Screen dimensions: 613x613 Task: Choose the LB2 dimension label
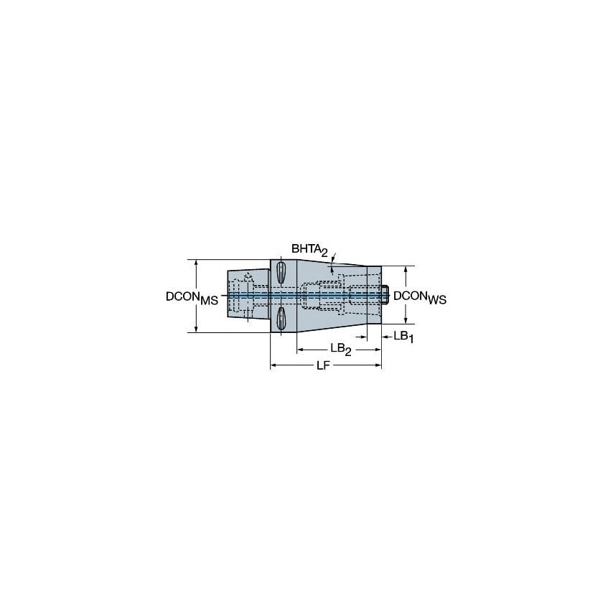pyautogui.click(x=340, y=349)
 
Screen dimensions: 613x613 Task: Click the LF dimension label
pyautogui.click(x=325, y=366)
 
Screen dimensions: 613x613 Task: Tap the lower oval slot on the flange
pyautogui.click(x=281, y=320)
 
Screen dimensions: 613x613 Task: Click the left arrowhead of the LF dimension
pyautogui.click(x=273, y=367)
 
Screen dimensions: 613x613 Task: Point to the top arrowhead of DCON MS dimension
pyautogui.click(x=196, y=263)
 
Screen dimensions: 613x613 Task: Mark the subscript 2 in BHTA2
pyautogui.click(x=324, y=253)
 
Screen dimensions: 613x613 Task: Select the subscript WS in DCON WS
pyautogui.click(x=437, y=301)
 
